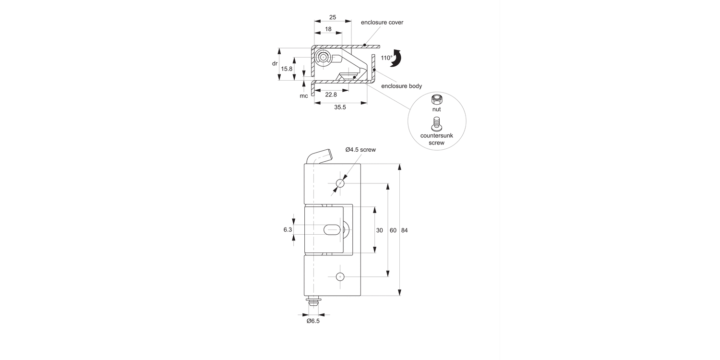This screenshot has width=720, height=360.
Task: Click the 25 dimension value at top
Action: coord(333,17)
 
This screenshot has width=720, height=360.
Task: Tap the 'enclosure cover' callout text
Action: coord(382,23)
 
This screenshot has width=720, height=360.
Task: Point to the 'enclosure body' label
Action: coord(401,86)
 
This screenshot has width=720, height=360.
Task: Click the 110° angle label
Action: coord(386,58)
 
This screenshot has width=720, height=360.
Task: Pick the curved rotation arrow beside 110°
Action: coord(398,57)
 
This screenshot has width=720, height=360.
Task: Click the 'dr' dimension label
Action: coord(275,63)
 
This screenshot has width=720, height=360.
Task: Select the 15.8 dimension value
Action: coord(287,69)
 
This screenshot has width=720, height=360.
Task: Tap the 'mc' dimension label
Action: coord(304,96)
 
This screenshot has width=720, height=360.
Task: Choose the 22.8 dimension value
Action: coord(331,95)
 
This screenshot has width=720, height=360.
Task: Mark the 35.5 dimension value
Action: coord(340,108)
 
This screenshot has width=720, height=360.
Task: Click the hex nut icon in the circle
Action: coord(436,99)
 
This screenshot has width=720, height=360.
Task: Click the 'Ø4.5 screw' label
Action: coord(360,150)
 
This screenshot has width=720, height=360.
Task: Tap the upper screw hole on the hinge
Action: coord(340,183)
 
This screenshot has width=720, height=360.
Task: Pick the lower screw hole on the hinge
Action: coord(340,276)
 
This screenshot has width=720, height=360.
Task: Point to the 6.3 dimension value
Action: coord(288,230)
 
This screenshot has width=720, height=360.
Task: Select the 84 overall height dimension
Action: coord(404,230)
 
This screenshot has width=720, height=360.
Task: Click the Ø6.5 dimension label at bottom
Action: coord(313,321)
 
